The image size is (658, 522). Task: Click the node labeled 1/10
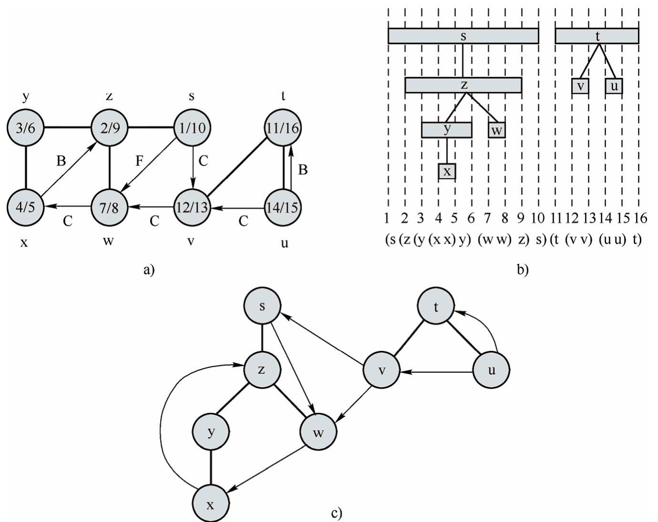click(192, 128)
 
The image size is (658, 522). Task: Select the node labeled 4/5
click(25, 207)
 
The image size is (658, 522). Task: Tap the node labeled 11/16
click(283, 128)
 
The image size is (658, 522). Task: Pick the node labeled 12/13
click(192, 207)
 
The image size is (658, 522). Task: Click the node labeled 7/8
click(109, 207)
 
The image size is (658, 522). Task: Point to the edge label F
click(139, 161)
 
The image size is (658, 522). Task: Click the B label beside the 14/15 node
click(303, 169)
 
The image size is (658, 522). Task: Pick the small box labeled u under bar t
click(614, 86)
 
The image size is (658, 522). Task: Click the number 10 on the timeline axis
click(537, 218)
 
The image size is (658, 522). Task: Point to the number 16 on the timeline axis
click(640, 218)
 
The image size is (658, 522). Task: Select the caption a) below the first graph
click(149, 270)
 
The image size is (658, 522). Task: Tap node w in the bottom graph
click(318, 432)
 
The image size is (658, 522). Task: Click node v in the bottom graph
click(381, 370)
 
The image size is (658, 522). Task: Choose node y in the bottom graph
click(211, 431)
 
